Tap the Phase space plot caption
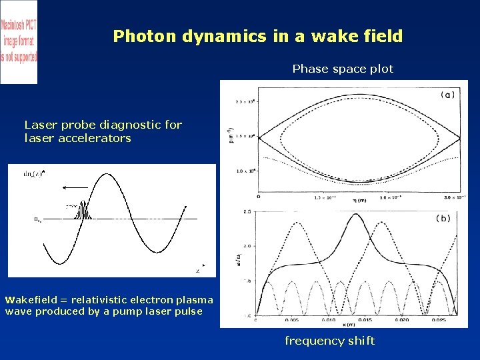tap(343, 69)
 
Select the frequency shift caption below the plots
tap(329, 341)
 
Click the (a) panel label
tap(448, 95)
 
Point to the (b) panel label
tap(443, 218)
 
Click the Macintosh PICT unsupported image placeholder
tap(19, 41)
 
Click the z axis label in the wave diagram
tap(198, 271)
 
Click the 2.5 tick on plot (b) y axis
tap(247, 212)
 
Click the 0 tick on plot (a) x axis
tap(258, 197)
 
